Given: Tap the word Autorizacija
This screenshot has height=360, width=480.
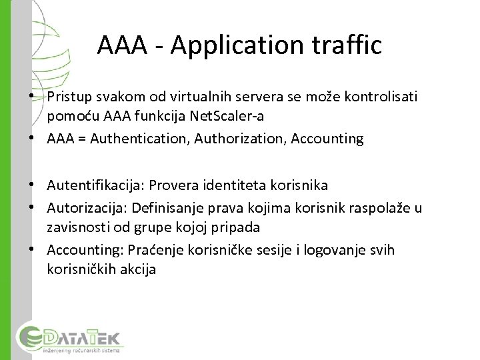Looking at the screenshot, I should (85, 209).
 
